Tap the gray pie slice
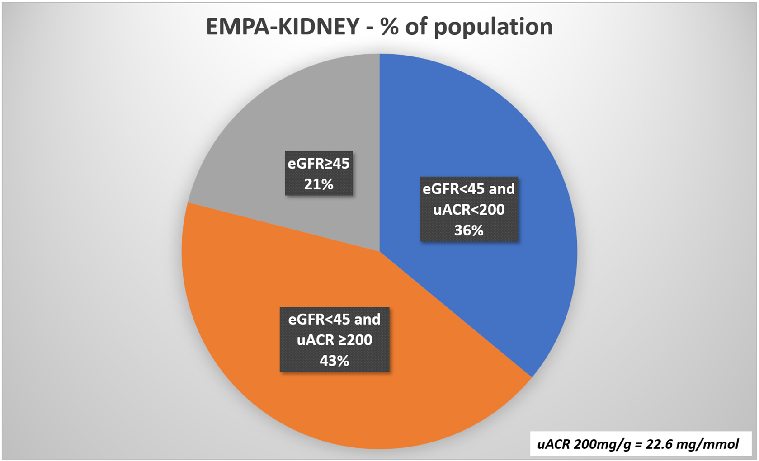(271, 127)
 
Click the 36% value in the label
(469, 231)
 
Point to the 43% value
(334, 361)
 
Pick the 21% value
(318, 184)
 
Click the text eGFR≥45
(318, 163)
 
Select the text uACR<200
(469, 210)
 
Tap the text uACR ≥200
(334, 340)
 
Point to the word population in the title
(493, 27)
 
